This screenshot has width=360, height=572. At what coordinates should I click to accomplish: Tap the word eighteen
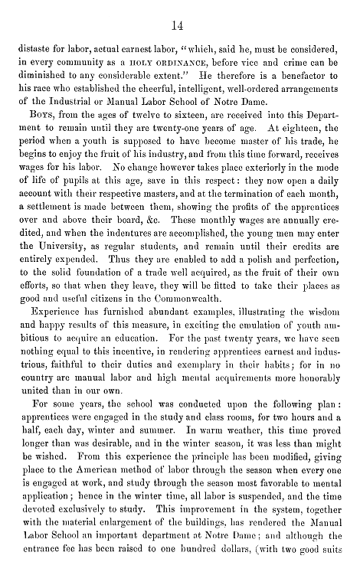[286, 132]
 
